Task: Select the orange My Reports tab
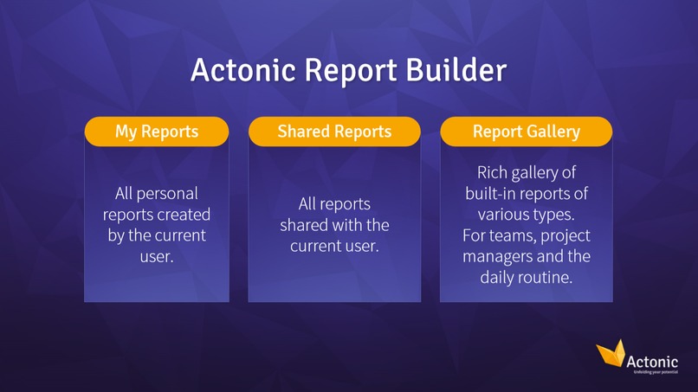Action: (x=157, y=132)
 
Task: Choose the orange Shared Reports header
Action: (x=334, y=132)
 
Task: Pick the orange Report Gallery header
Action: (x=527, y=132)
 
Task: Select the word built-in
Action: (x=494, y=193)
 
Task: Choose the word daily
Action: (x=499, y=278)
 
